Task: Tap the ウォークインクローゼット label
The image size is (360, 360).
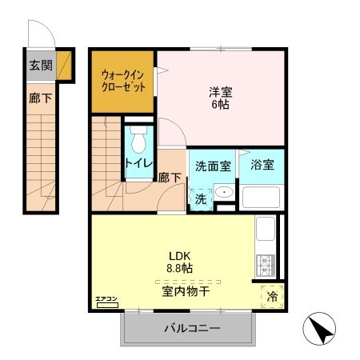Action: [x=123, y=82]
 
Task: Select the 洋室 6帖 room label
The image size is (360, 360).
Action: [x=221, y=98]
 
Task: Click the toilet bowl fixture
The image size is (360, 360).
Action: [x=139, y=143]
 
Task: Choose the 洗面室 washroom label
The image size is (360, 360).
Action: [x=213, y=166]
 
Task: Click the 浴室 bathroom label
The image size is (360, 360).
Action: [x=262, y=166]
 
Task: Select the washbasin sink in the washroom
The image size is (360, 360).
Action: [x=224, y=193]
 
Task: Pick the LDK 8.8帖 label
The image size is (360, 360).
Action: [x=178, y=263]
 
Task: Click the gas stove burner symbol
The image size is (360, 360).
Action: [x=266, y=264]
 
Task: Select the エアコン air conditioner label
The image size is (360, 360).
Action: [x=106, y=300]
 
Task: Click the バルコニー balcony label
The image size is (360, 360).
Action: [x=193, y=328]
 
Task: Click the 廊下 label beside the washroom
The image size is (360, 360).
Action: [x=168, y=178]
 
